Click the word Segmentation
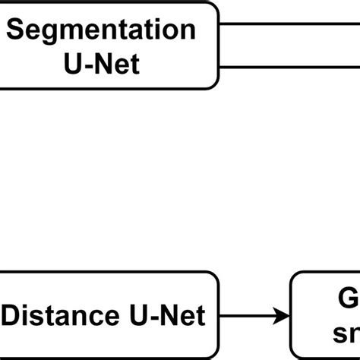101,30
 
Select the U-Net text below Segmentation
101,64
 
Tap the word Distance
62,314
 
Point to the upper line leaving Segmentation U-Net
289,24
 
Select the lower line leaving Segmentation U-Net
289,67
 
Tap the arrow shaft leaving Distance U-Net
247,315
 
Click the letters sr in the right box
346,333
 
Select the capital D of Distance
13,314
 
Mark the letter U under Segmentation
73,64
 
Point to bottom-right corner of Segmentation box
215,85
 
